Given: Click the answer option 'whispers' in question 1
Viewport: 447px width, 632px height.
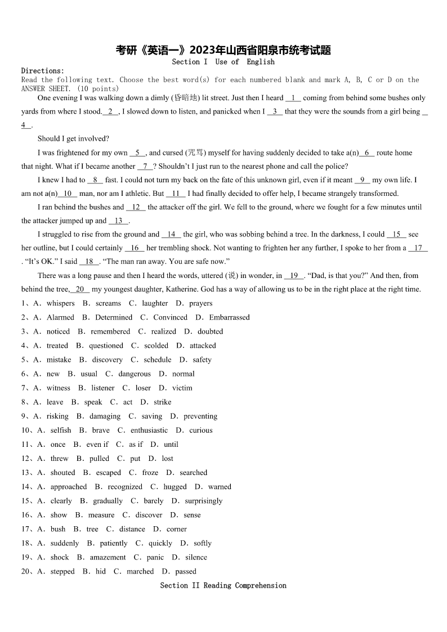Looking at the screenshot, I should (x=61, y=303).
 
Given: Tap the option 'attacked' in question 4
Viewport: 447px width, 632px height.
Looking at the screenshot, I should (x=203, y=346).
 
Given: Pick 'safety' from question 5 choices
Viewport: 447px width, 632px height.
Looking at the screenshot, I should (x=202, y=360).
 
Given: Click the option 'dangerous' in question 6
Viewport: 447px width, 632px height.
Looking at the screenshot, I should (x=135, y=374).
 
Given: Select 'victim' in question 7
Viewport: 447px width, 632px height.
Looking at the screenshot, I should (x=182, y=388).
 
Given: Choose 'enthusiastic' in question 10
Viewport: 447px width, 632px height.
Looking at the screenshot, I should (x=149, y=431).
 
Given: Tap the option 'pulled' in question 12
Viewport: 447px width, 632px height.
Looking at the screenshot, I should (x=99, y=459).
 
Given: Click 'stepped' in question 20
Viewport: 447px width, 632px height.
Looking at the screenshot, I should (x=62, y=571).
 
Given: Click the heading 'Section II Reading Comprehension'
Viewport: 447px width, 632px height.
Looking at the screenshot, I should (x=223, y=585).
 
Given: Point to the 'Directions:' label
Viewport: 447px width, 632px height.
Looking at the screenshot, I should (x=43, y=71).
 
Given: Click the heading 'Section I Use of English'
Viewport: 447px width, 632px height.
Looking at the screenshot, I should (x=223, y=62).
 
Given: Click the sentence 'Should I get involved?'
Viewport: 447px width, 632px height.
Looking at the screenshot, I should (x=73, y=139).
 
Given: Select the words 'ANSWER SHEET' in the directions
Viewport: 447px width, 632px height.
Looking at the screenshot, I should (x=47, y=89).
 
